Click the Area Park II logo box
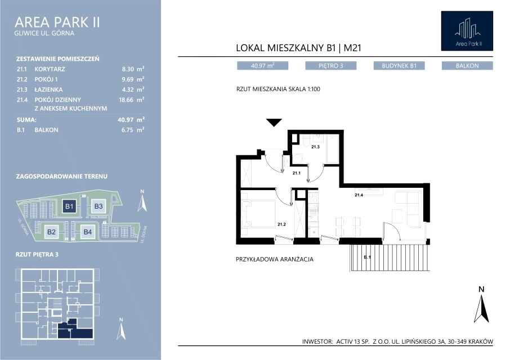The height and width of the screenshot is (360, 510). click(x=467, y=31)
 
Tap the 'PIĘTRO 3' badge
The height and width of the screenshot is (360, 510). click(x=331, y=66)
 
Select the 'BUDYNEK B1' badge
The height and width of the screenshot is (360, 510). click(x=399, y=66)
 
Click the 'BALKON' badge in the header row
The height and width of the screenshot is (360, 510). click(x=467, y=66)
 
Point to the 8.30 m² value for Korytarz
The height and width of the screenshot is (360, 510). click(x=133, y=69)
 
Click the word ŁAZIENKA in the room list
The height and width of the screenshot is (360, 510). click(x=48, y=89)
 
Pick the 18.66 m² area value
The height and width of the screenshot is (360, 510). click(x=131, y=100)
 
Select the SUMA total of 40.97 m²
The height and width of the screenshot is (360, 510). click(x=131, y=120)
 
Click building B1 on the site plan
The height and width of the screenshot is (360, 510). click(x=69, y=206)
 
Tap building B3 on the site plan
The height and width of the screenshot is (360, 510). click(x=98, y=206)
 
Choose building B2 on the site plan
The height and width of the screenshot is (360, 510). click(x=51, y=232)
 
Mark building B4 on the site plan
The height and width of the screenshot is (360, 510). click(x=87, y=232)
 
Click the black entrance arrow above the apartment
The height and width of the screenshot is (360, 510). click(x=274, y=123)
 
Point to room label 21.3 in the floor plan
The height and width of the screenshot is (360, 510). click(x=315, y=147)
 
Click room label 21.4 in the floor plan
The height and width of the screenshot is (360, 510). click(x=359, y=195)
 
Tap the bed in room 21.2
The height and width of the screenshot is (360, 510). click(x=260, y=213)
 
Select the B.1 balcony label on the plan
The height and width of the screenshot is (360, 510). click(x=367, y=257)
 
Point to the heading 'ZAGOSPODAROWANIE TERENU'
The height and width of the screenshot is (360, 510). click(x=62, y=177)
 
